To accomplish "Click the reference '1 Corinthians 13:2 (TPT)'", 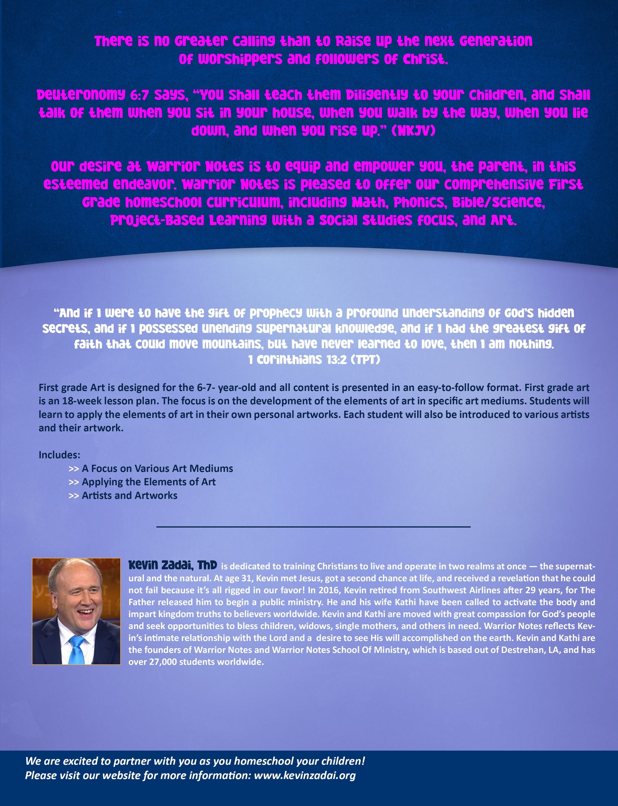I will click(x=314, y=360).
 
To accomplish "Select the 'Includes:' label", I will click(x=59, y=455).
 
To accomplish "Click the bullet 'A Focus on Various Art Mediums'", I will click(x=157, y=468).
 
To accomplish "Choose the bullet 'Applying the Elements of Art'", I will click(x=148, y=482).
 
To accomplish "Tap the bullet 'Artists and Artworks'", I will click(x=130, y=495).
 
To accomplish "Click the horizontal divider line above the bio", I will click(x=313, y=527).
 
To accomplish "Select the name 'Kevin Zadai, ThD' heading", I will click(x=172, y=566).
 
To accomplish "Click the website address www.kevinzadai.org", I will click(x=305, y=775).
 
